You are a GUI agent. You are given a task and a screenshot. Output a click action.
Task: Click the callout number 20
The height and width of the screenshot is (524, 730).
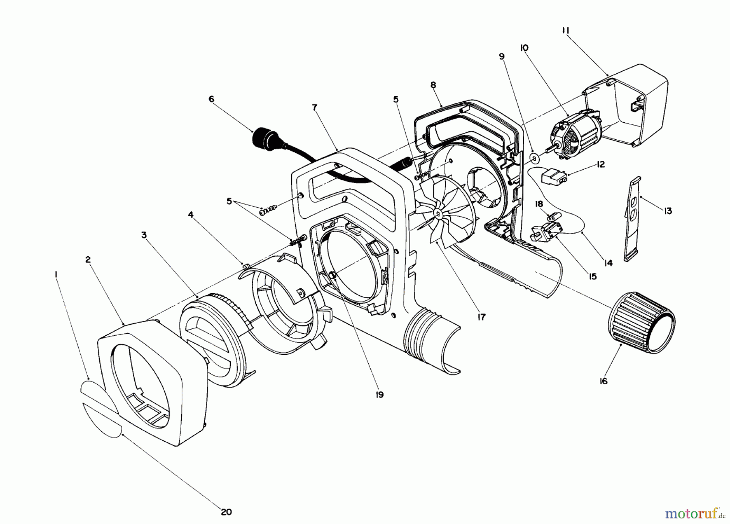coord(226,512)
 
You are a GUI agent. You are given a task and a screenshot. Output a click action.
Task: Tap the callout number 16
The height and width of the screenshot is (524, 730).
coord(603,381)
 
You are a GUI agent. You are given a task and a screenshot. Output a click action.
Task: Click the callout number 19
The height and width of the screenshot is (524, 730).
coord(379,394)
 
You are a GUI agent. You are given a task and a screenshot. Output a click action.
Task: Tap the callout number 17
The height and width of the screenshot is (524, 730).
coord(481,317)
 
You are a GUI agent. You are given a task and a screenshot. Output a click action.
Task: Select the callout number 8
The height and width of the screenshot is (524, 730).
coord(433,85)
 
